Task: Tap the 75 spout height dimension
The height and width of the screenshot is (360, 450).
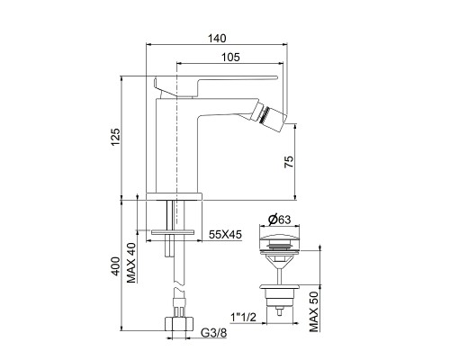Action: coord(287,163)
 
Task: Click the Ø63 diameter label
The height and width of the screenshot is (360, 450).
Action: coord(278,217)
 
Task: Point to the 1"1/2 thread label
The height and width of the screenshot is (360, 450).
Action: coord(244,317)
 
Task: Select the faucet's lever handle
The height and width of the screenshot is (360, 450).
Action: coord(184,87)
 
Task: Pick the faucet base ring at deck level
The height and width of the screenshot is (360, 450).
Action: coord(176,193)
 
